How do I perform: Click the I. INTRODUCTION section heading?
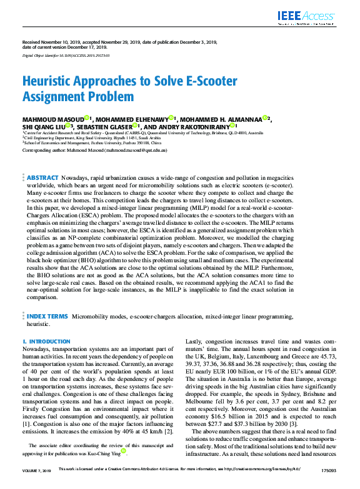click(46, 342)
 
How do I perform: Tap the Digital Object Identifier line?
click(66, 55)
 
